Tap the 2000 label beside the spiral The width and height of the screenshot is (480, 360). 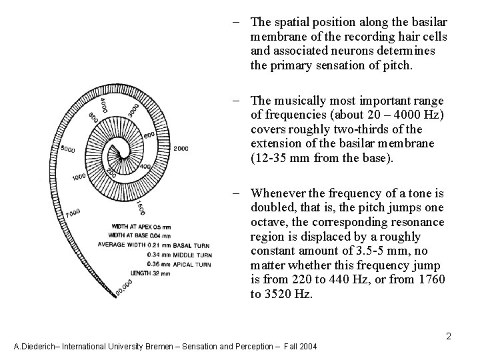coord(180,148)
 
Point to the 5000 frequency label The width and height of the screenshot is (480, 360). coord(67,148)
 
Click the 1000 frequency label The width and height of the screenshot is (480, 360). coord(79,177)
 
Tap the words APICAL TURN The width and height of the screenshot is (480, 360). coord(193,263)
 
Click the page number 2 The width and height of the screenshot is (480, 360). coord(449,336)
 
